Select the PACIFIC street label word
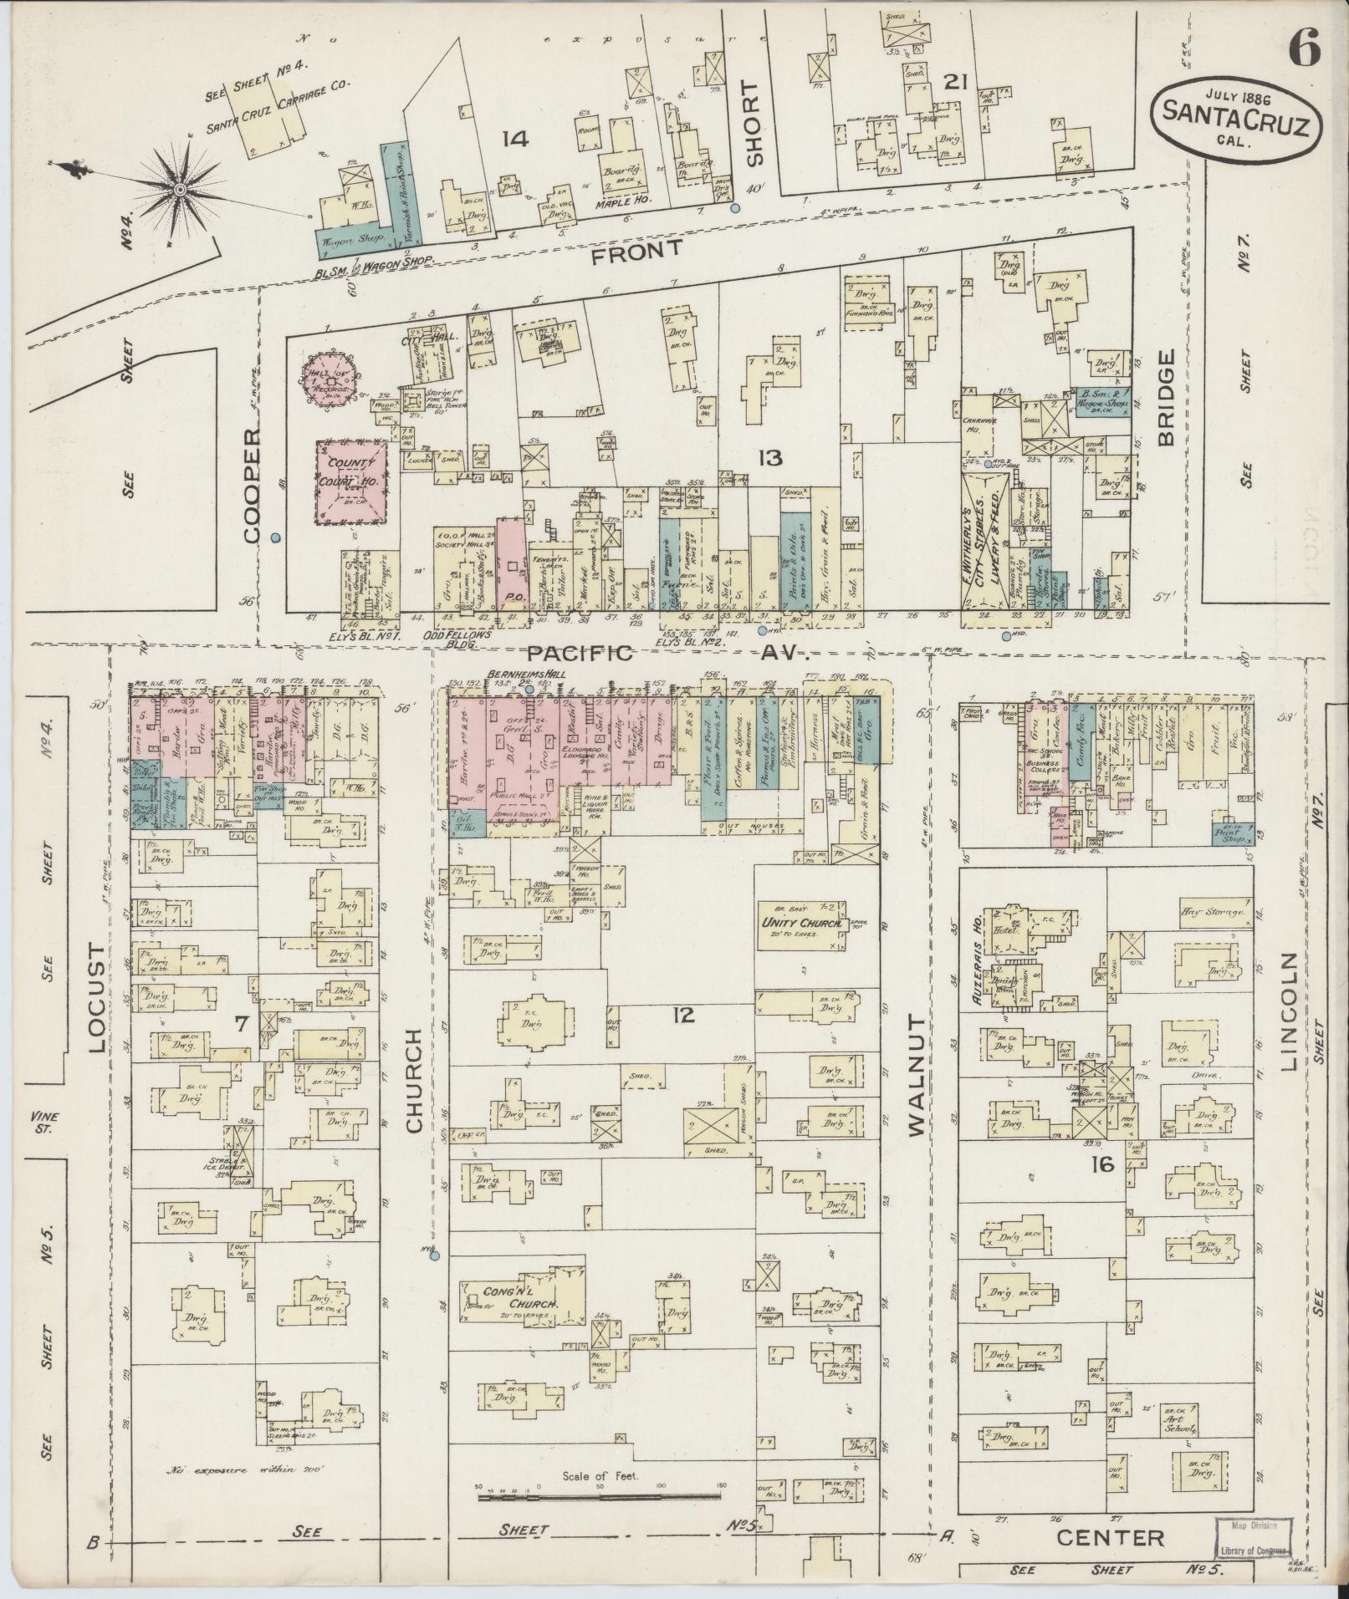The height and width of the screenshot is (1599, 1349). pos(579,654)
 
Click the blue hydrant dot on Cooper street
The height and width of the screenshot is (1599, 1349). pos(275,538)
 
